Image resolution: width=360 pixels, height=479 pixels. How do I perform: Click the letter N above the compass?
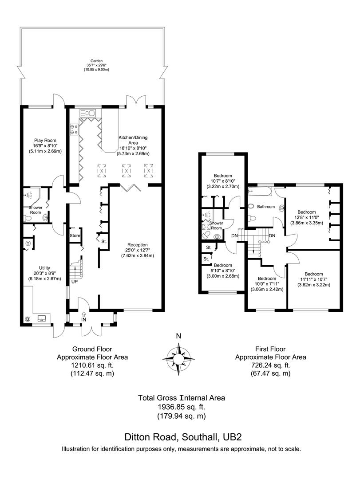pos(178,336)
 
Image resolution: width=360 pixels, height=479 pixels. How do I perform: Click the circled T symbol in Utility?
pos(28,243)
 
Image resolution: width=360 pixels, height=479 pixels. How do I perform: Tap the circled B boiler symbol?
pos(28,318)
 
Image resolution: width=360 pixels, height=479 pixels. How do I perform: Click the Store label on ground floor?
pos(75,236)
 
